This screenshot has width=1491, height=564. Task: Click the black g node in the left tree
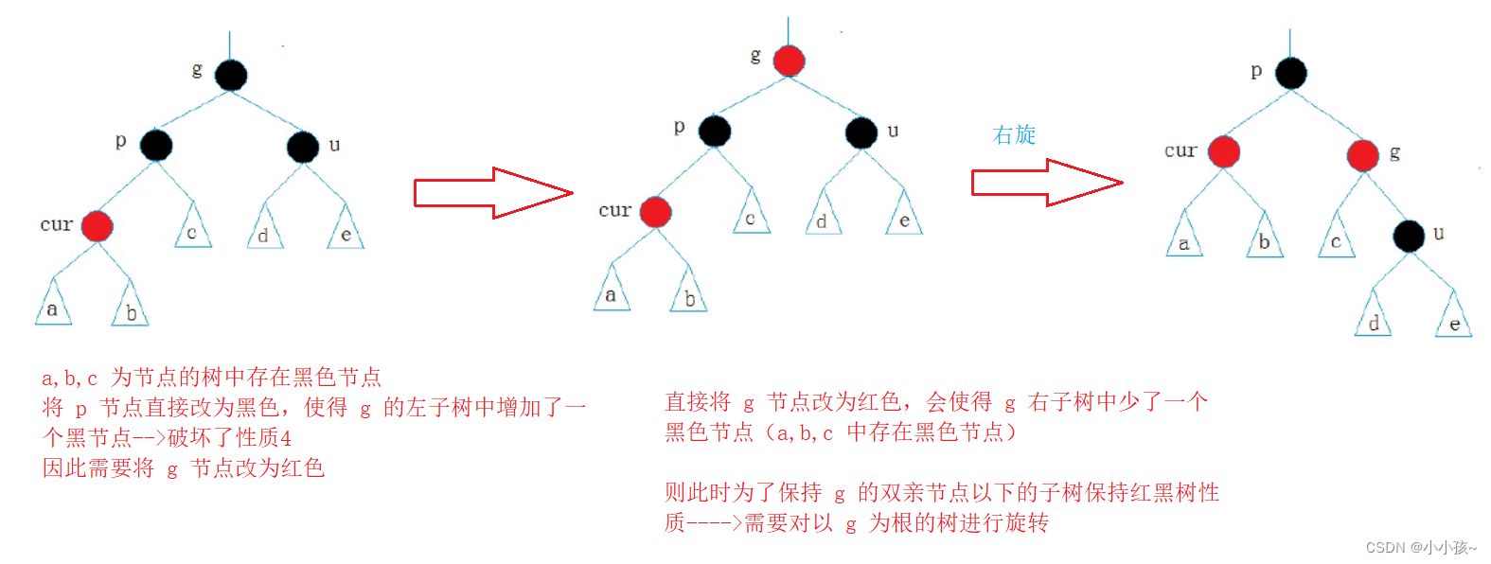230,75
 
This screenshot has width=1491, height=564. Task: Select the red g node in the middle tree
789,61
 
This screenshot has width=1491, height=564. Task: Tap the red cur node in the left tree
97,226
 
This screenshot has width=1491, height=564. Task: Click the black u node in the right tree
1409,236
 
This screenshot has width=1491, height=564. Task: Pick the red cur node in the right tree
1223,151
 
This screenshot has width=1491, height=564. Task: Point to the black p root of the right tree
1290,73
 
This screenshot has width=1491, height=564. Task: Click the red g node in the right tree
1362,155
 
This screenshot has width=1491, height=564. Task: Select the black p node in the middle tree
715,131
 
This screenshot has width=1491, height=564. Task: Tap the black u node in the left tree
303,147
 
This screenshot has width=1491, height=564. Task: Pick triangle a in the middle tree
611,292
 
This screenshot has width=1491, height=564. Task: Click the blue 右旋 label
1014,135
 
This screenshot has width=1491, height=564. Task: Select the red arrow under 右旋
1046,183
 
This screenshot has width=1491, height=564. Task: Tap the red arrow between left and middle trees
492,193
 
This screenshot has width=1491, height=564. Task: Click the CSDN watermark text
1420,547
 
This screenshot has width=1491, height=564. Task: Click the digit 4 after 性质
286,438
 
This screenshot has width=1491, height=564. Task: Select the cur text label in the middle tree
614,210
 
